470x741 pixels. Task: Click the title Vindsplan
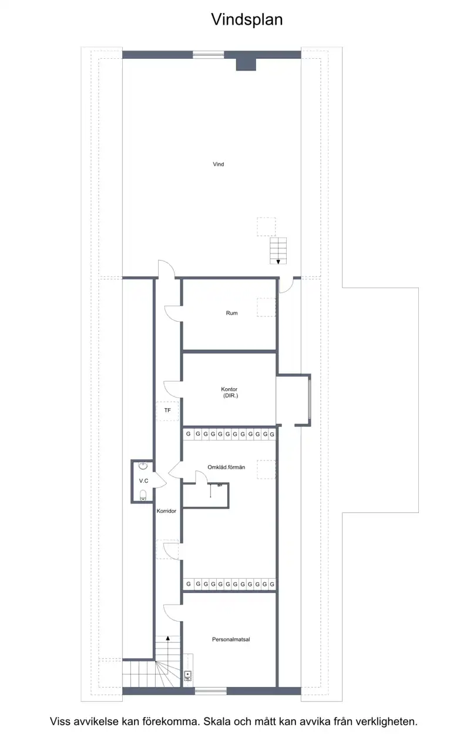tap(247, 20)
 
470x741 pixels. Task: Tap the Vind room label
tap(218, 164)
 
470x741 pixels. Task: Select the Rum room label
tap(231, 313)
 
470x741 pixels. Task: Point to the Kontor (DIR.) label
tap(229, 392)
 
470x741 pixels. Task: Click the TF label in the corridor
tap(167, 410)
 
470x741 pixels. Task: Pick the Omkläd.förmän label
tap(226, 467)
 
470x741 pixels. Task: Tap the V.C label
tap(143, 480)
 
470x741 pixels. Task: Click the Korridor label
tap(166, 510)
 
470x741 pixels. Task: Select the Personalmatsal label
tap(231, 639)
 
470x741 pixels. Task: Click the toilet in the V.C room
tap(143, 495)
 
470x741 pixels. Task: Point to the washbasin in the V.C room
tap(143, 466)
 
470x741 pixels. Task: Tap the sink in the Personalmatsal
tap(188, 675)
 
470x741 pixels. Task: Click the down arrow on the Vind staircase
tap(278, 262)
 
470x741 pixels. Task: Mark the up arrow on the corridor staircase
tap(168, 638)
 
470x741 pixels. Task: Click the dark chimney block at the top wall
tap(246, 65)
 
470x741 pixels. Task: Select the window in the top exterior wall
tap(209, 55)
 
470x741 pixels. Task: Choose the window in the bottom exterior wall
tap(211, 690)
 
